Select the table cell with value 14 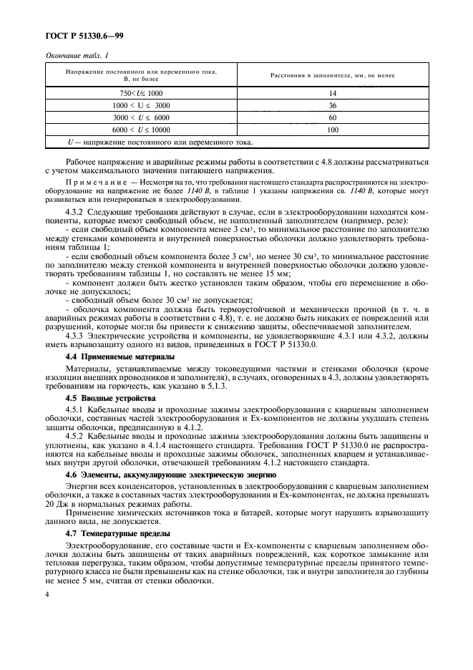coord(332,94)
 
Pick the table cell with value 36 coord(332,105)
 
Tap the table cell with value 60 coord(332,117)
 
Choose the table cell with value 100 coord(332,130)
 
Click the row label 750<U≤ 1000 coord(141,94)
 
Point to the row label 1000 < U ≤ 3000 coord(141,105)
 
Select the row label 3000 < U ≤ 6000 coord(141,117)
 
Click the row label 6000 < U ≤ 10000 coord(141,130)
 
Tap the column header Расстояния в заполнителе coord(332,75)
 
